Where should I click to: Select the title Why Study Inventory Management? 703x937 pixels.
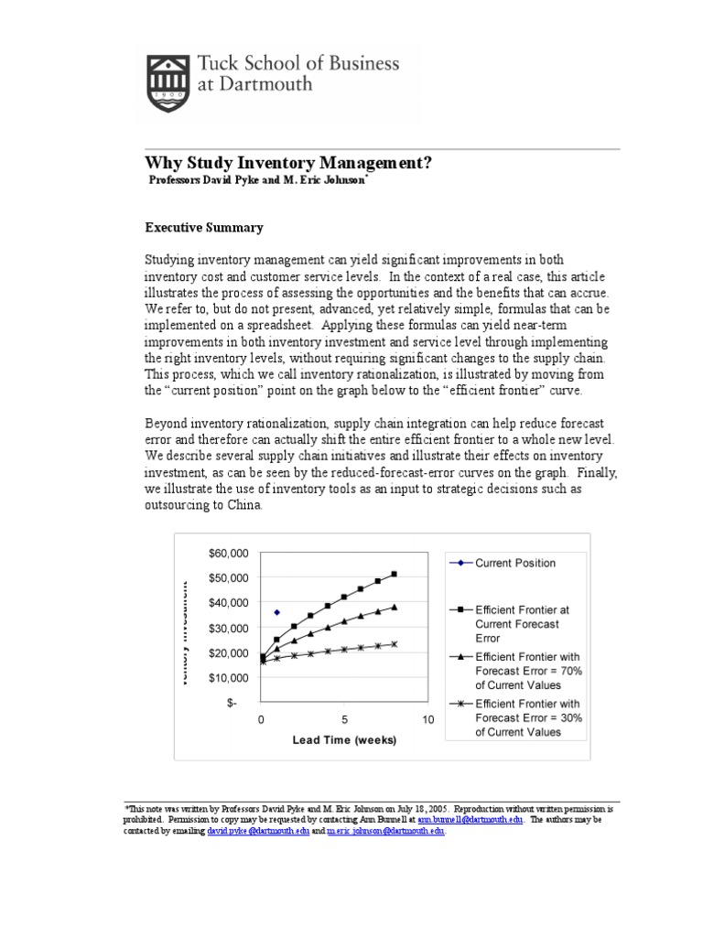289,163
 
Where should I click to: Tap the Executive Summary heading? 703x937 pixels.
205,228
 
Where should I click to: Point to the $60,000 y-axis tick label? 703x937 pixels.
228,553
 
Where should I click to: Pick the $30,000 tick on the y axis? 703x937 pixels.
228,628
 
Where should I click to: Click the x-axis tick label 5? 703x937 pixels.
344,720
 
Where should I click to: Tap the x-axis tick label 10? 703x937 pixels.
427,720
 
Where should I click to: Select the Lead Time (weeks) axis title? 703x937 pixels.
344,740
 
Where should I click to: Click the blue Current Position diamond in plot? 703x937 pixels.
276,612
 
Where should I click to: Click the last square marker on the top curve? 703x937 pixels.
394,574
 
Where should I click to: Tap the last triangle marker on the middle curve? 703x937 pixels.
394,607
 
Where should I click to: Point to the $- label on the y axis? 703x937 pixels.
235,703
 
